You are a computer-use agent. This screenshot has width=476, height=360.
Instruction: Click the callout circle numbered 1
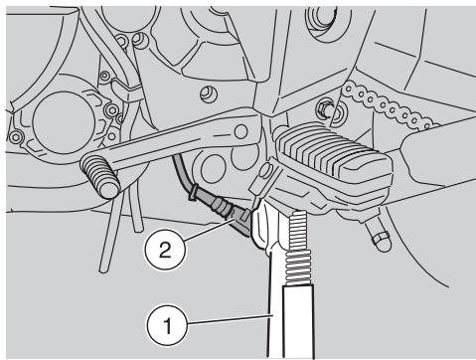click(168, 325)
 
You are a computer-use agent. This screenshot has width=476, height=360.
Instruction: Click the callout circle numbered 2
click(165, 250)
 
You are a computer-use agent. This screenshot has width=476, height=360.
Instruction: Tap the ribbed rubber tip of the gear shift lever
click(99, 176)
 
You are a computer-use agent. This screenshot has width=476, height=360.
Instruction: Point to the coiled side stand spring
click(301, 248)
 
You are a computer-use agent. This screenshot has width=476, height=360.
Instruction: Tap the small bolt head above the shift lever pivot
click(209, 93)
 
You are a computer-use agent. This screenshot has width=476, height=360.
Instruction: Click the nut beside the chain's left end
click(325, 108)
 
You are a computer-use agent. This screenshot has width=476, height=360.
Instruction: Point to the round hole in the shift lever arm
click(240, 131)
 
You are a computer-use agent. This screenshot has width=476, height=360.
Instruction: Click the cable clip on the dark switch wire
click(193, 193)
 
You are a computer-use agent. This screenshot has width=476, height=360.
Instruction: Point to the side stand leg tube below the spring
click(298, 321)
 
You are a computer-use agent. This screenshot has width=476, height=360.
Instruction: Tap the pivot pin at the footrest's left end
click(266, 171)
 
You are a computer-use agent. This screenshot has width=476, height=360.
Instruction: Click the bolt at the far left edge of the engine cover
click(16, 136)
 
